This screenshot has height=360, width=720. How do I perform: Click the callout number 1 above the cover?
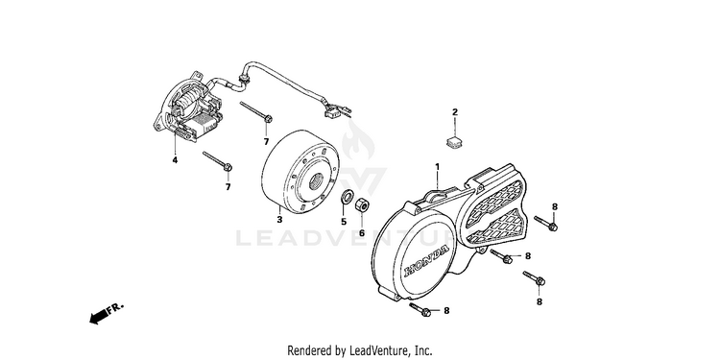point(437,166)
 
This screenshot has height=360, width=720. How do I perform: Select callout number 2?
point(455,112)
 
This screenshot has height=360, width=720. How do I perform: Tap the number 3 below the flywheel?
point(279,220)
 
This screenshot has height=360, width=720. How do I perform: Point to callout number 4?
point(175,159)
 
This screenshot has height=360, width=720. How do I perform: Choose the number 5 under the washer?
point(344,222)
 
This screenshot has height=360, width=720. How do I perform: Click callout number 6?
point(362,233)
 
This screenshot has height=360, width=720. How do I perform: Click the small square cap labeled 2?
point(454,141)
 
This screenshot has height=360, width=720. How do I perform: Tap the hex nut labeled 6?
point(362,204)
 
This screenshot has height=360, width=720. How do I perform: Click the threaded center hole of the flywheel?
point(317,181)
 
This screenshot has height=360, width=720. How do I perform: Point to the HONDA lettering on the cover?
point(426,261)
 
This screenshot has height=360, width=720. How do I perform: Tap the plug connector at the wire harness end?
point(331,112)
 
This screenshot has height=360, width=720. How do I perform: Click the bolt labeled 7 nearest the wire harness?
point(255,112)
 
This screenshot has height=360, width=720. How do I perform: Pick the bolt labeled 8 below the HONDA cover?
point(420,309)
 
